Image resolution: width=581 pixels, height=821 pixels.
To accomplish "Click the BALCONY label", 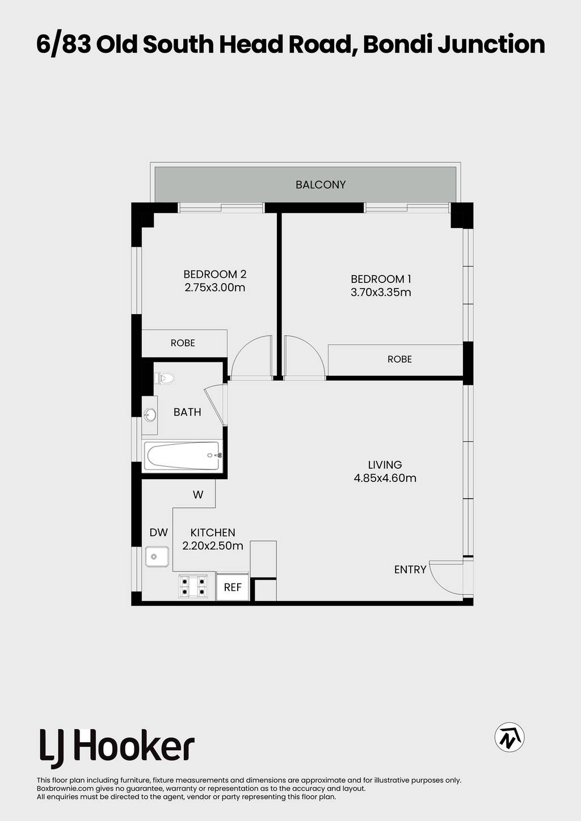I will (321, 185).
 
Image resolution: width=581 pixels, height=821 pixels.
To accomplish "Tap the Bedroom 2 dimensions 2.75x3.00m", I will (215, 287).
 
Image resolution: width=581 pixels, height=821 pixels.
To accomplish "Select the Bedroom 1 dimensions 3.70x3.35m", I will (381, 293).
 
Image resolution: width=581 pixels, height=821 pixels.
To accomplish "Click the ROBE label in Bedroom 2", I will (183, 343).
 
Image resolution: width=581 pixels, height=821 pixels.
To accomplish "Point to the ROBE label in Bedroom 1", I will (399, 359).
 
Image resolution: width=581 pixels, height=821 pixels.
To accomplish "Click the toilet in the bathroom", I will (165, 378).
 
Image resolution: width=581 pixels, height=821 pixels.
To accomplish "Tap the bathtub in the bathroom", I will (182, 456).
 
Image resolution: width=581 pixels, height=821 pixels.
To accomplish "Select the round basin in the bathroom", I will (150, 415).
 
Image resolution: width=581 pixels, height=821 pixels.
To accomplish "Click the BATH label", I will (187, 412).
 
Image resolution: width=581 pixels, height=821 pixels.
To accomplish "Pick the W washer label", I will (198, 495).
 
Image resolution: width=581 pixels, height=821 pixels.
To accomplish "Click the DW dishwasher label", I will (159, 532).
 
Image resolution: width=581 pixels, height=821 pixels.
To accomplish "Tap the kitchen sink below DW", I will (157, 557).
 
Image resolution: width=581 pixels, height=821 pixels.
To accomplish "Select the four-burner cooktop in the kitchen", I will (193, 587).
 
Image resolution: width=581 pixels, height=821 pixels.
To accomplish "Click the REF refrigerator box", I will (233, 587).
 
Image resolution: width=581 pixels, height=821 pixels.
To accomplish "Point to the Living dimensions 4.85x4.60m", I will (385, 478).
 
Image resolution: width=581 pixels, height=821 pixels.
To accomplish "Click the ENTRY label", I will (410, 569).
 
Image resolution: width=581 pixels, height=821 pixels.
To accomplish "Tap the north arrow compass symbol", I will (509, 737).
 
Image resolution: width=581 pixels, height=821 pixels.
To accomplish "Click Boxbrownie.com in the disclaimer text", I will (62, 788).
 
